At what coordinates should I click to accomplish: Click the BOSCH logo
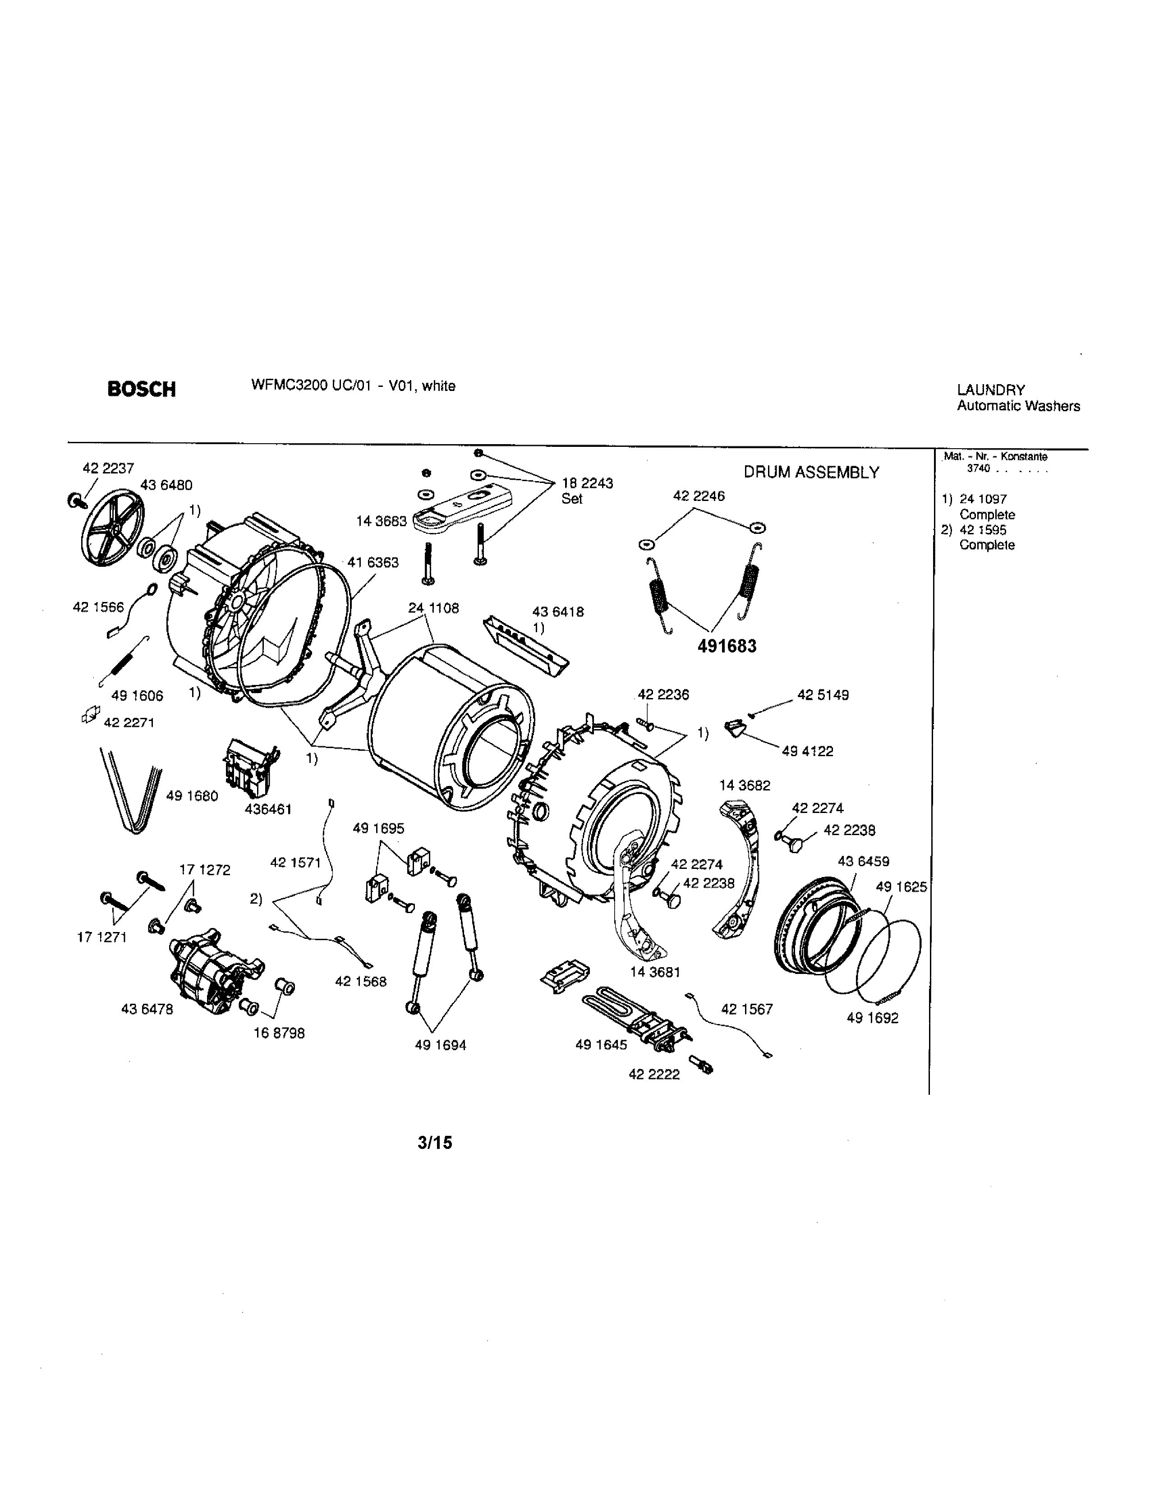click(x=142, y=389)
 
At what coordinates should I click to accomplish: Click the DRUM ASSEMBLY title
click(x=811, y=472)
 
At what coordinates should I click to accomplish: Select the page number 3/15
click(x=435, y=1143)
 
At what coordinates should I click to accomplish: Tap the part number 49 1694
click(x=440, y=1045)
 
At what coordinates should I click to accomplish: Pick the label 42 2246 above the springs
click(x=698, y=496)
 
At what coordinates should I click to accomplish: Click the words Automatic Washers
click(x=1018, y=406)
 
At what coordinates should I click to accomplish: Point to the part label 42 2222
click(x=653, y=1075)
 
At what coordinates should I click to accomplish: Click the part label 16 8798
click(x=279, y=1033)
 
